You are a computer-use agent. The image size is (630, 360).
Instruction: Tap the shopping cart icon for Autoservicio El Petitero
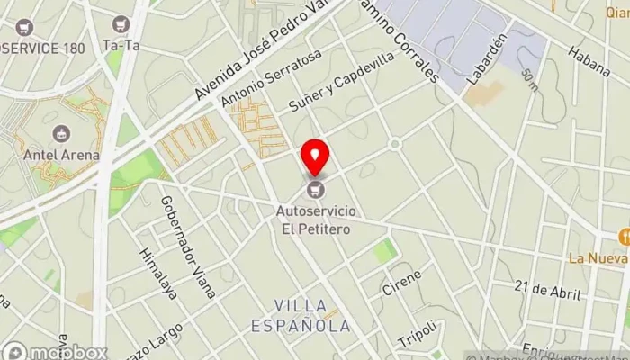point(315,189)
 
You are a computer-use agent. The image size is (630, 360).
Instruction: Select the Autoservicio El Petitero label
point(314,220)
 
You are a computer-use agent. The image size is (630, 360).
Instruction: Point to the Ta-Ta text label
point(123,45)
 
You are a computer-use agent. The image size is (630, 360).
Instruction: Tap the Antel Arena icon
point(62,134)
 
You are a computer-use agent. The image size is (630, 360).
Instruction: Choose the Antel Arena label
point(62,155)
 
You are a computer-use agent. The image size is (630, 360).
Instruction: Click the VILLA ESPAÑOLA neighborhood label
point(312,315)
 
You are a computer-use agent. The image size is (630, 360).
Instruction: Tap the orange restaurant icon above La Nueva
point(623,237)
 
